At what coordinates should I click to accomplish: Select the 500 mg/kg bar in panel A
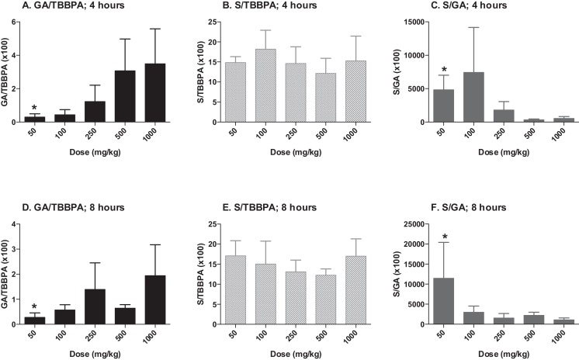tap(124, 96)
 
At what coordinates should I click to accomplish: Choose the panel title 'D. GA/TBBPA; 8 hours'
tap(75, 208)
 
